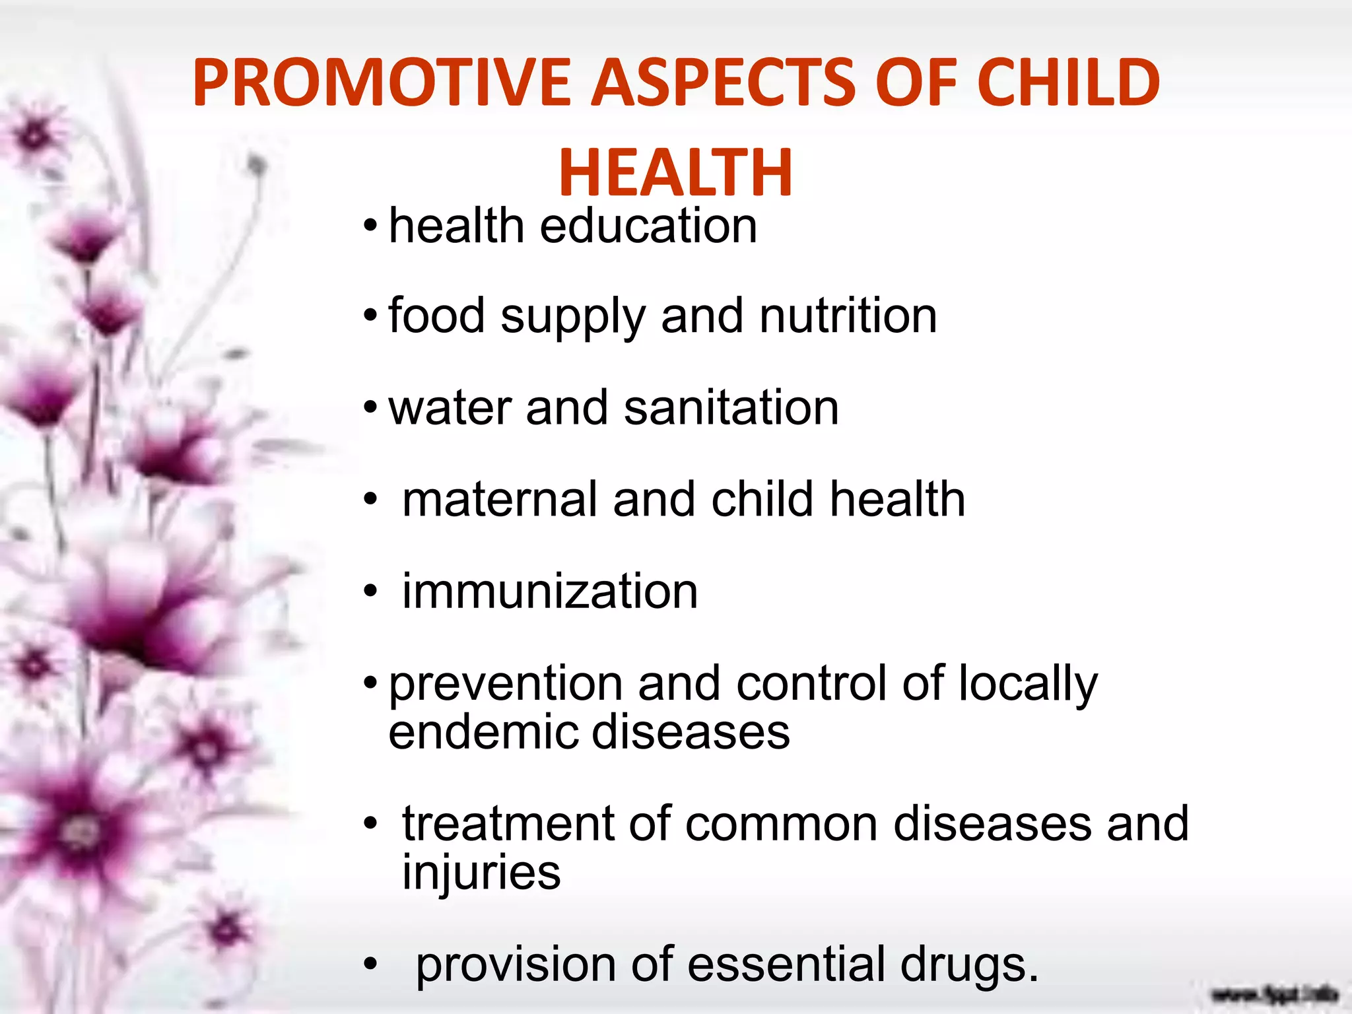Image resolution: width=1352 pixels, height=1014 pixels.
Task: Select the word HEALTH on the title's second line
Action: (x=675, y=173)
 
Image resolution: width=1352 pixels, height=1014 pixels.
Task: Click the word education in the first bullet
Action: (x=648, y=226)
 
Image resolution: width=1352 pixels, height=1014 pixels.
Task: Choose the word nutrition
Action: (x=848, y=316)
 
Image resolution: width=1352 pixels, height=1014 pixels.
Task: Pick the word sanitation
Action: (x=731, y=407)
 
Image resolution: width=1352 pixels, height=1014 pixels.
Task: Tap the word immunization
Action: (x=550, y=591)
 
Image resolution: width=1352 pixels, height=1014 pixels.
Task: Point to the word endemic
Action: (x=482, y=732)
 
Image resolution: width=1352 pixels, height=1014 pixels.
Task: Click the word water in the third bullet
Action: (x=450, y=409)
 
